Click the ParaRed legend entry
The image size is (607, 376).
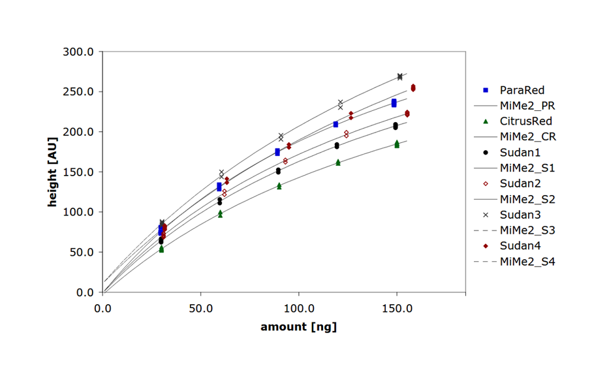point(521,90)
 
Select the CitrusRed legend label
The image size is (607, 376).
point(526,121)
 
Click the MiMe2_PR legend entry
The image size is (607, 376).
point(527,105)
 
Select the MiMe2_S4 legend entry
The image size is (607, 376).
point(527,262)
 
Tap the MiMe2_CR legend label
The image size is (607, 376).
point(527,136)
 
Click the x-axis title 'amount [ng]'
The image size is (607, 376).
point(299,327)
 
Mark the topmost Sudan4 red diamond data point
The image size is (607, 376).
point(413,87)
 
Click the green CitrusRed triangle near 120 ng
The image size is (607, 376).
point(338,162)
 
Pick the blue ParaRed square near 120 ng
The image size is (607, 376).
point(335,124)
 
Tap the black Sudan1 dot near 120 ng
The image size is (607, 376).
point(337,146)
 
